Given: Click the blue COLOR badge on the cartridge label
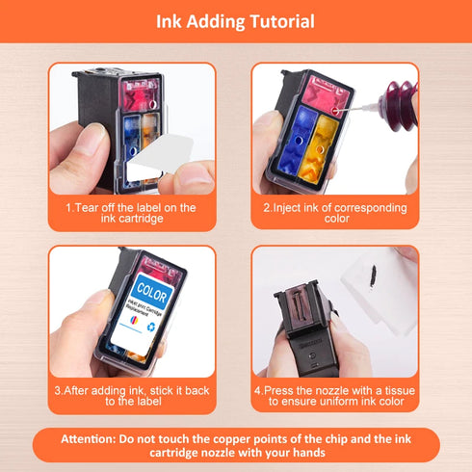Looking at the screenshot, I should [x=153, y=290].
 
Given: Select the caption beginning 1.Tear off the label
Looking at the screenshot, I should [x=131, y=213].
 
